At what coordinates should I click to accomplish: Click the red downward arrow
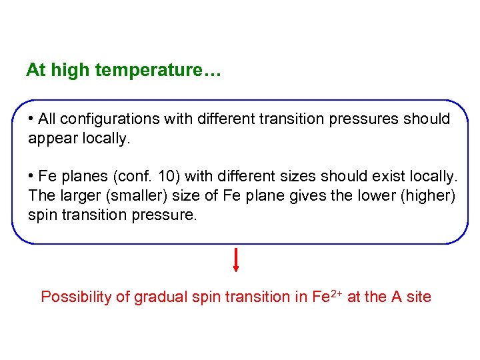click(236, 261)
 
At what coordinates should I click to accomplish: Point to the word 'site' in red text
click(419, 297)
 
